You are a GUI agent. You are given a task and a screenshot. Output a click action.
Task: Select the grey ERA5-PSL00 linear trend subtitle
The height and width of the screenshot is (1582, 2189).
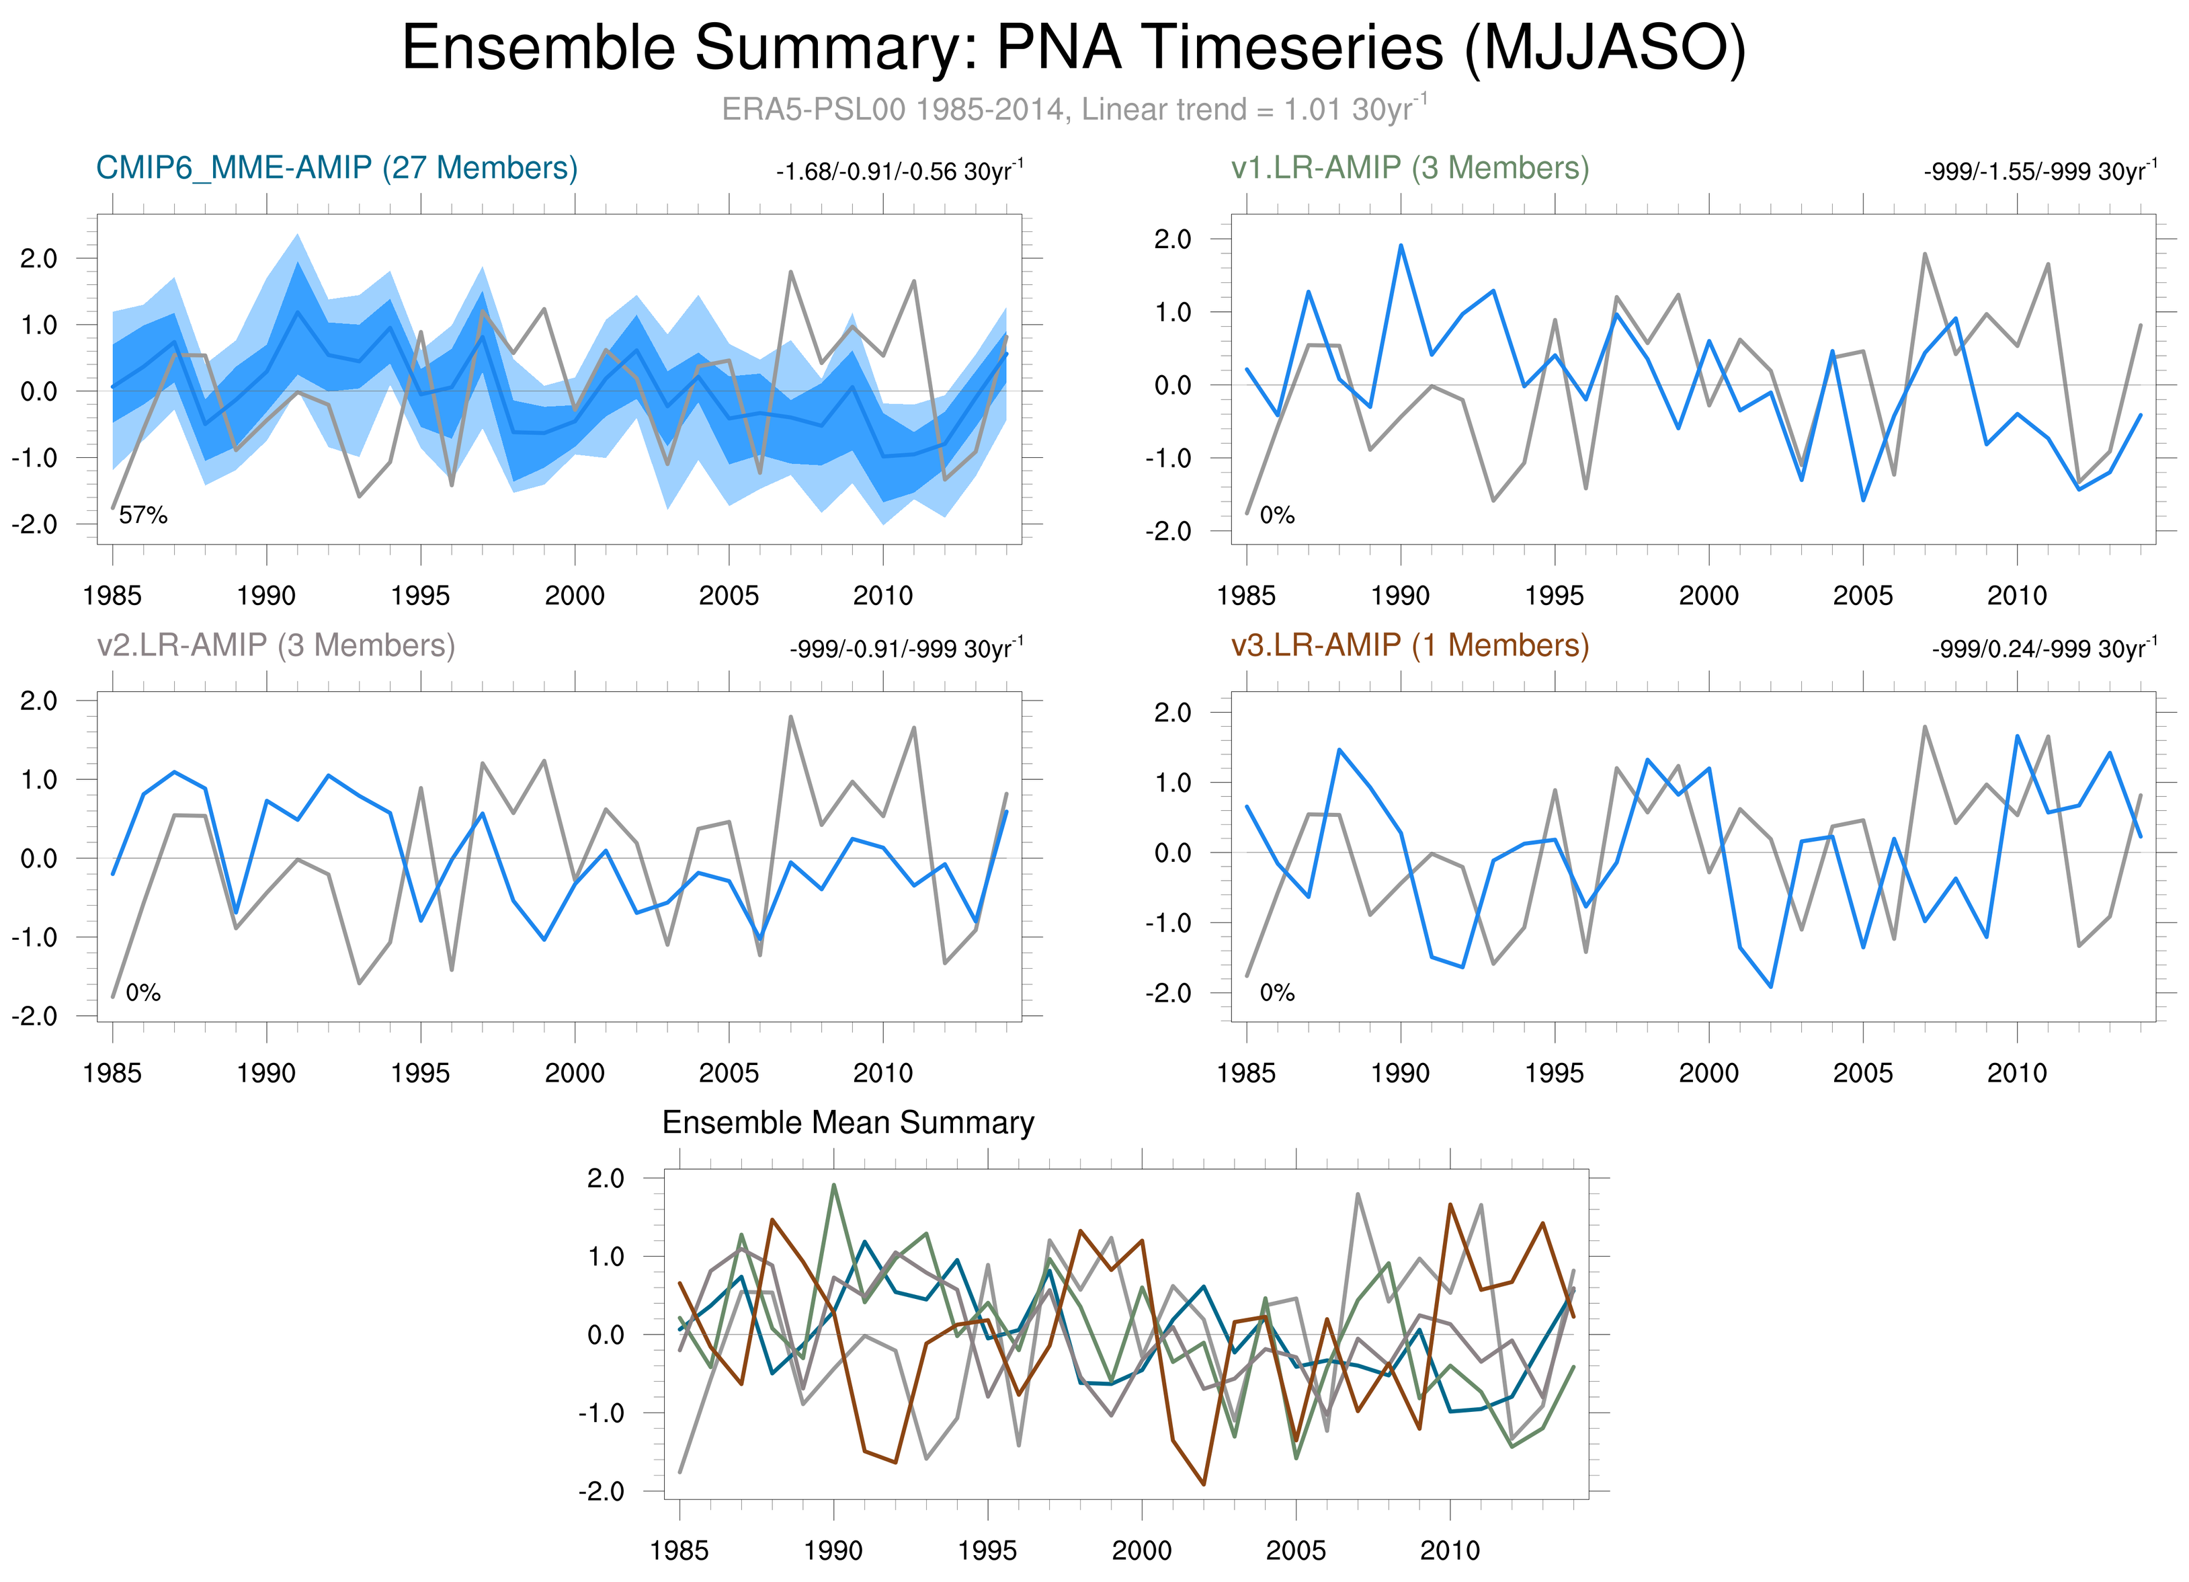pyautogui.click(x=1073, y=109)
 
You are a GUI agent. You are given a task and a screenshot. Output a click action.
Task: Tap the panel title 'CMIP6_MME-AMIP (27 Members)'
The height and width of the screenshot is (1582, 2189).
pyautogui.click(x=337, y=168)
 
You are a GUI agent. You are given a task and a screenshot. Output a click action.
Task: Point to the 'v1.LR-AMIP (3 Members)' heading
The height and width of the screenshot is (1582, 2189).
pyautogui.click(x=1409, y=168)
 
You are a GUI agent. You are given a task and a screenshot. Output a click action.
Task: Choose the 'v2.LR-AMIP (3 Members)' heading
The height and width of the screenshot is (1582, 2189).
pyautogui.click(x=276, y=645)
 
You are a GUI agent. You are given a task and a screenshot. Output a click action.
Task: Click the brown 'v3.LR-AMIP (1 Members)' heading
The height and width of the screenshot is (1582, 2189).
pyautogui.click(x=1409, y=645)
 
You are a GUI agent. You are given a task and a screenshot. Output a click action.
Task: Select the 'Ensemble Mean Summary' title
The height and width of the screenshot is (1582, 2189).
pyautogui.click(x=848, y=1123)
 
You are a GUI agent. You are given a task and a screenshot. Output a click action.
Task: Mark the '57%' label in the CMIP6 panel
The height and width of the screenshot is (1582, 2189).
pyautogui.click(x=143, y=516)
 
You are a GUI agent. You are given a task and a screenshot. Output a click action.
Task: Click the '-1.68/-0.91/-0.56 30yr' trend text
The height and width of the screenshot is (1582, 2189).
pyautogui.click(x=899, y=172)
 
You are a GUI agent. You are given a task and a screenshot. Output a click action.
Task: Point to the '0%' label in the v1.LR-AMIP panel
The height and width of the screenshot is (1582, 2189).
pyautogui.click(x=1277, y=516)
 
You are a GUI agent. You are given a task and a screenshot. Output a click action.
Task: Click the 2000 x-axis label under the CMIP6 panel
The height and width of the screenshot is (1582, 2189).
pyautogui.click(x=574, y=596)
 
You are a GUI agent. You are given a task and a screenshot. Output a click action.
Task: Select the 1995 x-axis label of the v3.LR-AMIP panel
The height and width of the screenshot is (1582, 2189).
pyautogui.click(x=1554, y=1072)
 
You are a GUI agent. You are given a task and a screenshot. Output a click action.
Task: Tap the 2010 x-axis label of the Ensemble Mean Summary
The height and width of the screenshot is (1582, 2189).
pyautogui.click(x=1450, y=1550)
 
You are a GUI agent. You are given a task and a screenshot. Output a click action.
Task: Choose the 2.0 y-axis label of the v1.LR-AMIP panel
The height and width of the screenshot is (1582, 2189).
pyautogui.click(x=1173, y=239)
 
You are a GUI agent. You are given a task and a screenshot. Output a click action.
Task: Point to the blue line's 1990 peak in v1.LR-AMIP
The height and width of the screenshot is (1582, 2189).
pyautogui.click(x=1401, y=245)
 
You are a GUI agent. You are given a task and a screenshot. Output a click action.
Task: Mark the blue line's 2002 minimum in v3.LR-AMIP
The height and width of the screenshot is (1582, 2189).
pyautogui.click(x=1771, y=986)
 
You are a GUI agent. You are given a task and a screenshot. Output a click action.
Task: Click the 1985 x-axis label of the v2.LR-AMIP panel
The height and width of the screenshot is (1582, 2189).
pyautogui.click(x=112, y=1072)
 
